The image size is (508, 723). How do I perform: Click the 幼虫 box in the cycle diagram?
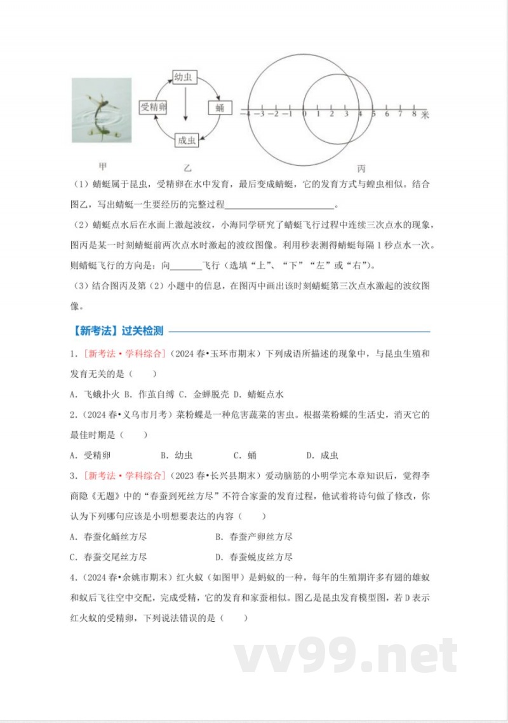(184, 78)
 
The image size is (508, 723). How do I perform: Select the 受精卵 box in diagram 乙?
(153, 107)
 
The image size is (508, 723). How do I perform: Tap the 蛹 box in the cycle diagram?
(219, 107)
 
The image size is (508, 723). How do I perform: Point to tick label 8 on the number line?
(414, 114)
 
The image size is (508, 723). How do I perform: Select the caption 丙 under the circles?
(361, 169)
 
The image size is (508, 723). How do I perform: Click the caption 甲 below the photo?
(103, 166)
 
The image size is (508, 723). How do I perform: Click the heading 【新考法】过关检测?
(117, 331)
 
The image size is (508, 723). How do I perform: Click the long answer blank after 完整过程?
(279, 205)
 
